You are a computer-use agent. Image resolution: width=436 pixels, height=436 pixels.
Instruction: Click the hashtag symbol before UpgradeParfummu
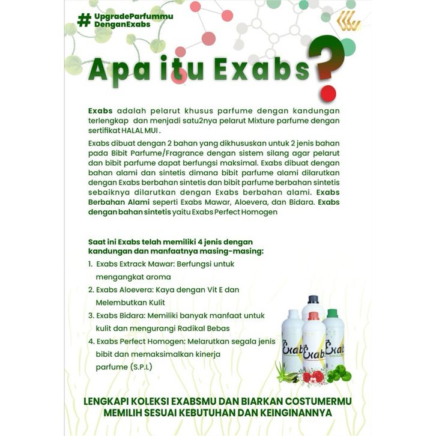83,19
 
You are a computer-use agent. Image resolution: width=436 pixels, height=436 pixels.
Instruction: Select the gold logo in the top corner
348,21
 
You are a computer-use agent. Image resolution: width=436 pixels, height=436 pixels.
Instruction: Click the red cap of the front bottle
313,316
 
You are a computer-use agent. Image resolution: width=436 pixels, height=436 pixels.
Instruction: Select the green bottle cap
332,313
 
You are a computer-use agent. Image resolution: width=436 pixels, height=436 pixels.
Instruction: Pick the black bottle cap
313,299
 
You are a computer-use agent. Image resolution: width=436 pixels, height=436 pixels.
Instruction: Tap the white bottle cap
294,313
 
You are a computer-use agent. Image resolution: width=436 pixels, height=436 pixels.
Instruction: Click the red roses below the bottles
313,377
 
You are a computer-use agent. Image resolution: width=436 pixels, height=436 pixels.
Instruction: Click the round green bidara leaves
339,375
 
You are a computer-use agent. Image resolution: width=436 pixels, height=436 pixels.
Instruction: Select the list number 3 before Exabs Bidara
90,315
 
